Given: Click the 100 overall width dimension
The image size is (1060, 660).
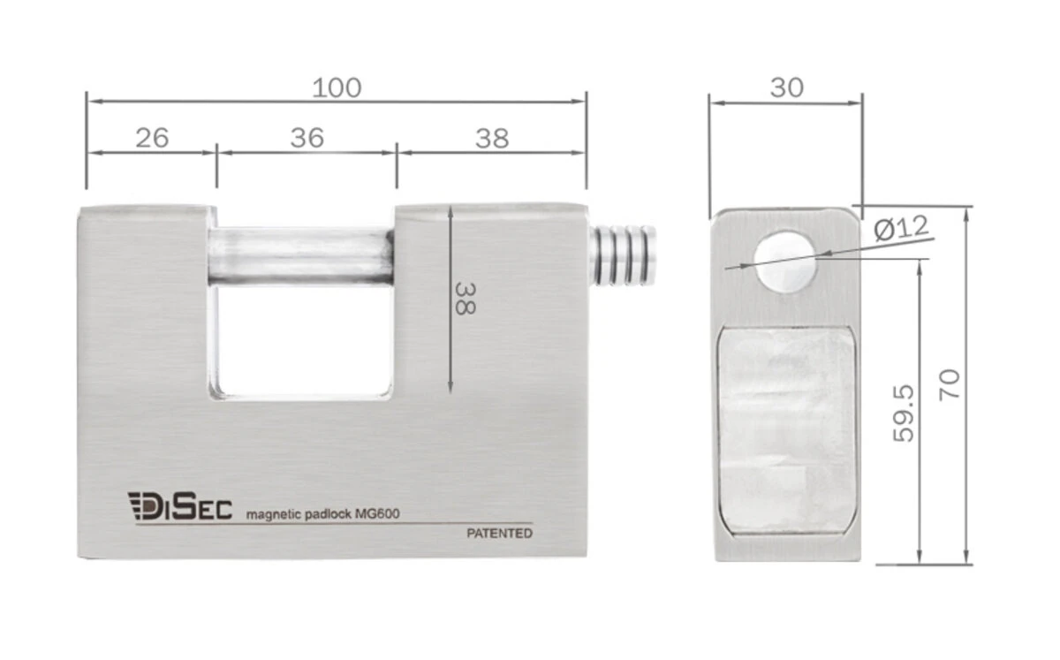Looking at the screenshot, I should [x=337, y=87].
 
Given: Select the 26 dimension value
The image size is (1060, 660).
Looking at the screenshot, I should [x=151, y=138].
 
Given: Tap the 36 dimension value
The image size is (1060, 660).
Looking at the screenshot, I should [x=307, y=138].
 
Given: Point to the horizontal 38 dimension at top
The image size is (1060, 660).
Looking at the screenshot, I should [x=492, y=138].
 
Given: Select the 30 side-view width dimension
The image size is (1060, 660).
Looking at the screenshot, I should [x=786, y=87].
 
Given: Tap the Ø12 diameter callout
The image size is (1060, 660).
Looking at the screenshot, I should [x=901, y=228].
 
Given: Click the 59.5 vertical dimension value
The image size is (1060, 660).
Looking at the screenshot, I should [x=904, y=413].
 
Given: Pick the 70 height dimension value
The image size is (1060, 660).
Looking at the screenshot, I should [x=950, y=385].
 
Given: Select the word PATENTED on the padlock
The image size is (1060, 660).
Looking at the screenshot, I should [x=499, y=534].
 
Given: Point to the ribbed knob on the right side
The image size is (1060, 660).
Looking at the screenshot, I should [x=624, y=255].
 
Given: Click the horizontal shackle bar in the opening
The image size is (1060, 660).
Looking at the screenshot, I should [x=300, y=256].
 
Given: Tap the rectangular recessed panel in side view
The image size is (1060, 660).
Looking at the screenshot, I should [x=785, y=429].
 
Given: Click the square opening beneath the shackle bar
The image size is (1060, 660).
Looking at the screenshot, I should [x=300, y=340].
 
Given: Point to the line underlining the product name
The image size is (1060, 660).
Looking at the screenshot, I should [x=336, y=524].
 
